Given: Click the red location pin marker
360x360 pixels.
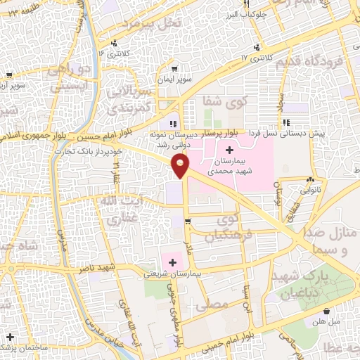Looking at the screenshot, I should tap(181, 166).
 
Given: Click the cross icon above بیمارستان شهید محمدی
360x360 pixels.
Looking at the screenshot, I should tap(230, 150).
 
